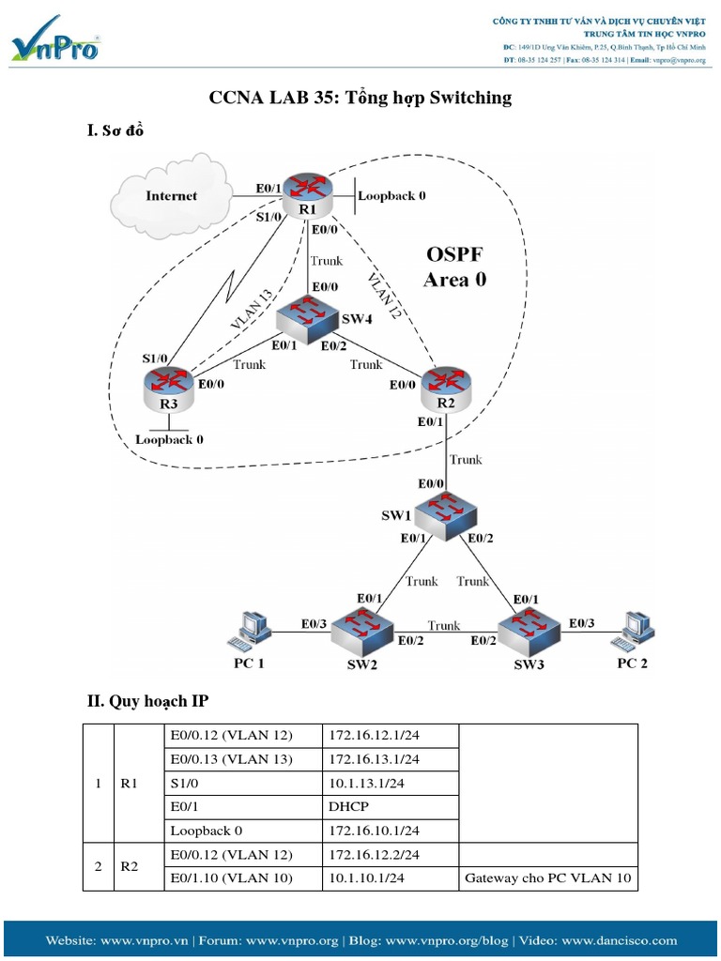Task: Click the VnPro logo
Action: coord(55,39)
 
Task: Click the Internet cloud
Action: coord(172,196)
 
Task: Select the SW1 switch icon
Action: coord(447,511)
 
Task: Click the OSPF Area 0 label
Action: coord(455,267)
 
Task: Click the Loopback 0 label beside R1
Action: coord(391,196)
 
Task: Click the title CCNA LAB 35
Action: coord(360,98)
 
